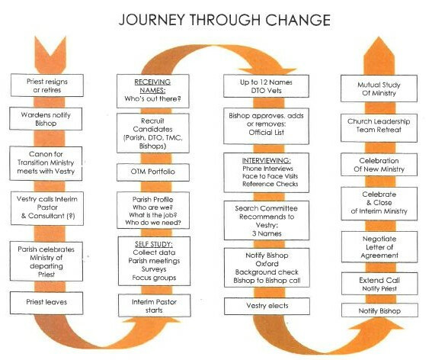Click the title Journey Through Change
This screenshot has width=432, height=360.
tap(225, 20)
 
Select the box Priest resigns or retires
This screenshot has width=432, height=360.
tap(47, 85)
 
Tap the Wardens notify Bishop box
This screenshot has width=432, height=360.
tap(46, 119)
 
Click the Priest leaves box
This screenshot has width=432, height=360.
tap(46, 303)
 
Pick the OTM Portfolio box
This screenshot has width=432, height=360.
tap(153, 172)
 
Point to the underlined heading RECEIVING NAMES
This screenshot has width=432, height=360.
tap(152, 86)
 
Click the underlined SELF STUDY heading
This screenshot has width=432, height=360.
tap(154, 244)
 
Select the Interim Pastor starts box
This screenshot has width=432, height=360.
tap(154, 305)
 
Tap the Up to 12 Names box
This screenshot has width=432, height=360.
tap(266, 86)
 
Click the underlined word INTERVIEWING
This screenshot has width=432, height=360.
tap(267, 161)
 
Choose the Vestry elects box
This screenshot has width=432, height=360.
tap(267, 306)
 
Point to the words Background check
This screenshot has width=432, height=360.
tap(267, 272)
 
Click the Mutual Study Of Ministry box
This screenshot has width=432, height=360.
tap(379, 88)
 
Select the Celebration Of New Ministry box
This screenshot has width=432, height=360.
tap(379, 165)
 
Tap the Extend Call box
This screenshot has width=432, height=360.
tap(379, 284)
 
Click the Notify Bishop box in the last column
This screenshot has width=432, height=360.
tap(379, 310)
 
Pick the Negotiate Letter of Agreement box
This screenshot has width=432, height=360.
tap(379, 247)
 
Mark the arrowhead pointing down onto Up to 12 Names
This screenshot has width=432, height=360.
tap(267, 70)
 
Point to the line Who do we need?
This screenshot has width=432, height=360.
tap(153, 223)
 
